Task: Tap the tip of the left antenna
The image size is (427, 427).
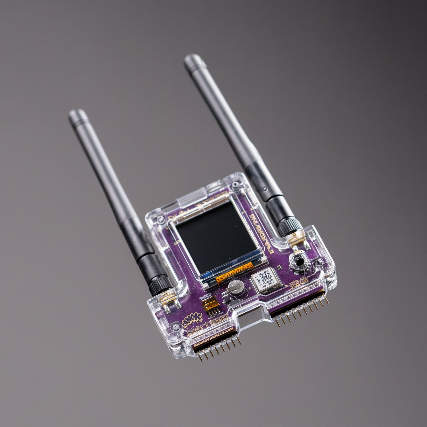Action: [75, 114]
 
